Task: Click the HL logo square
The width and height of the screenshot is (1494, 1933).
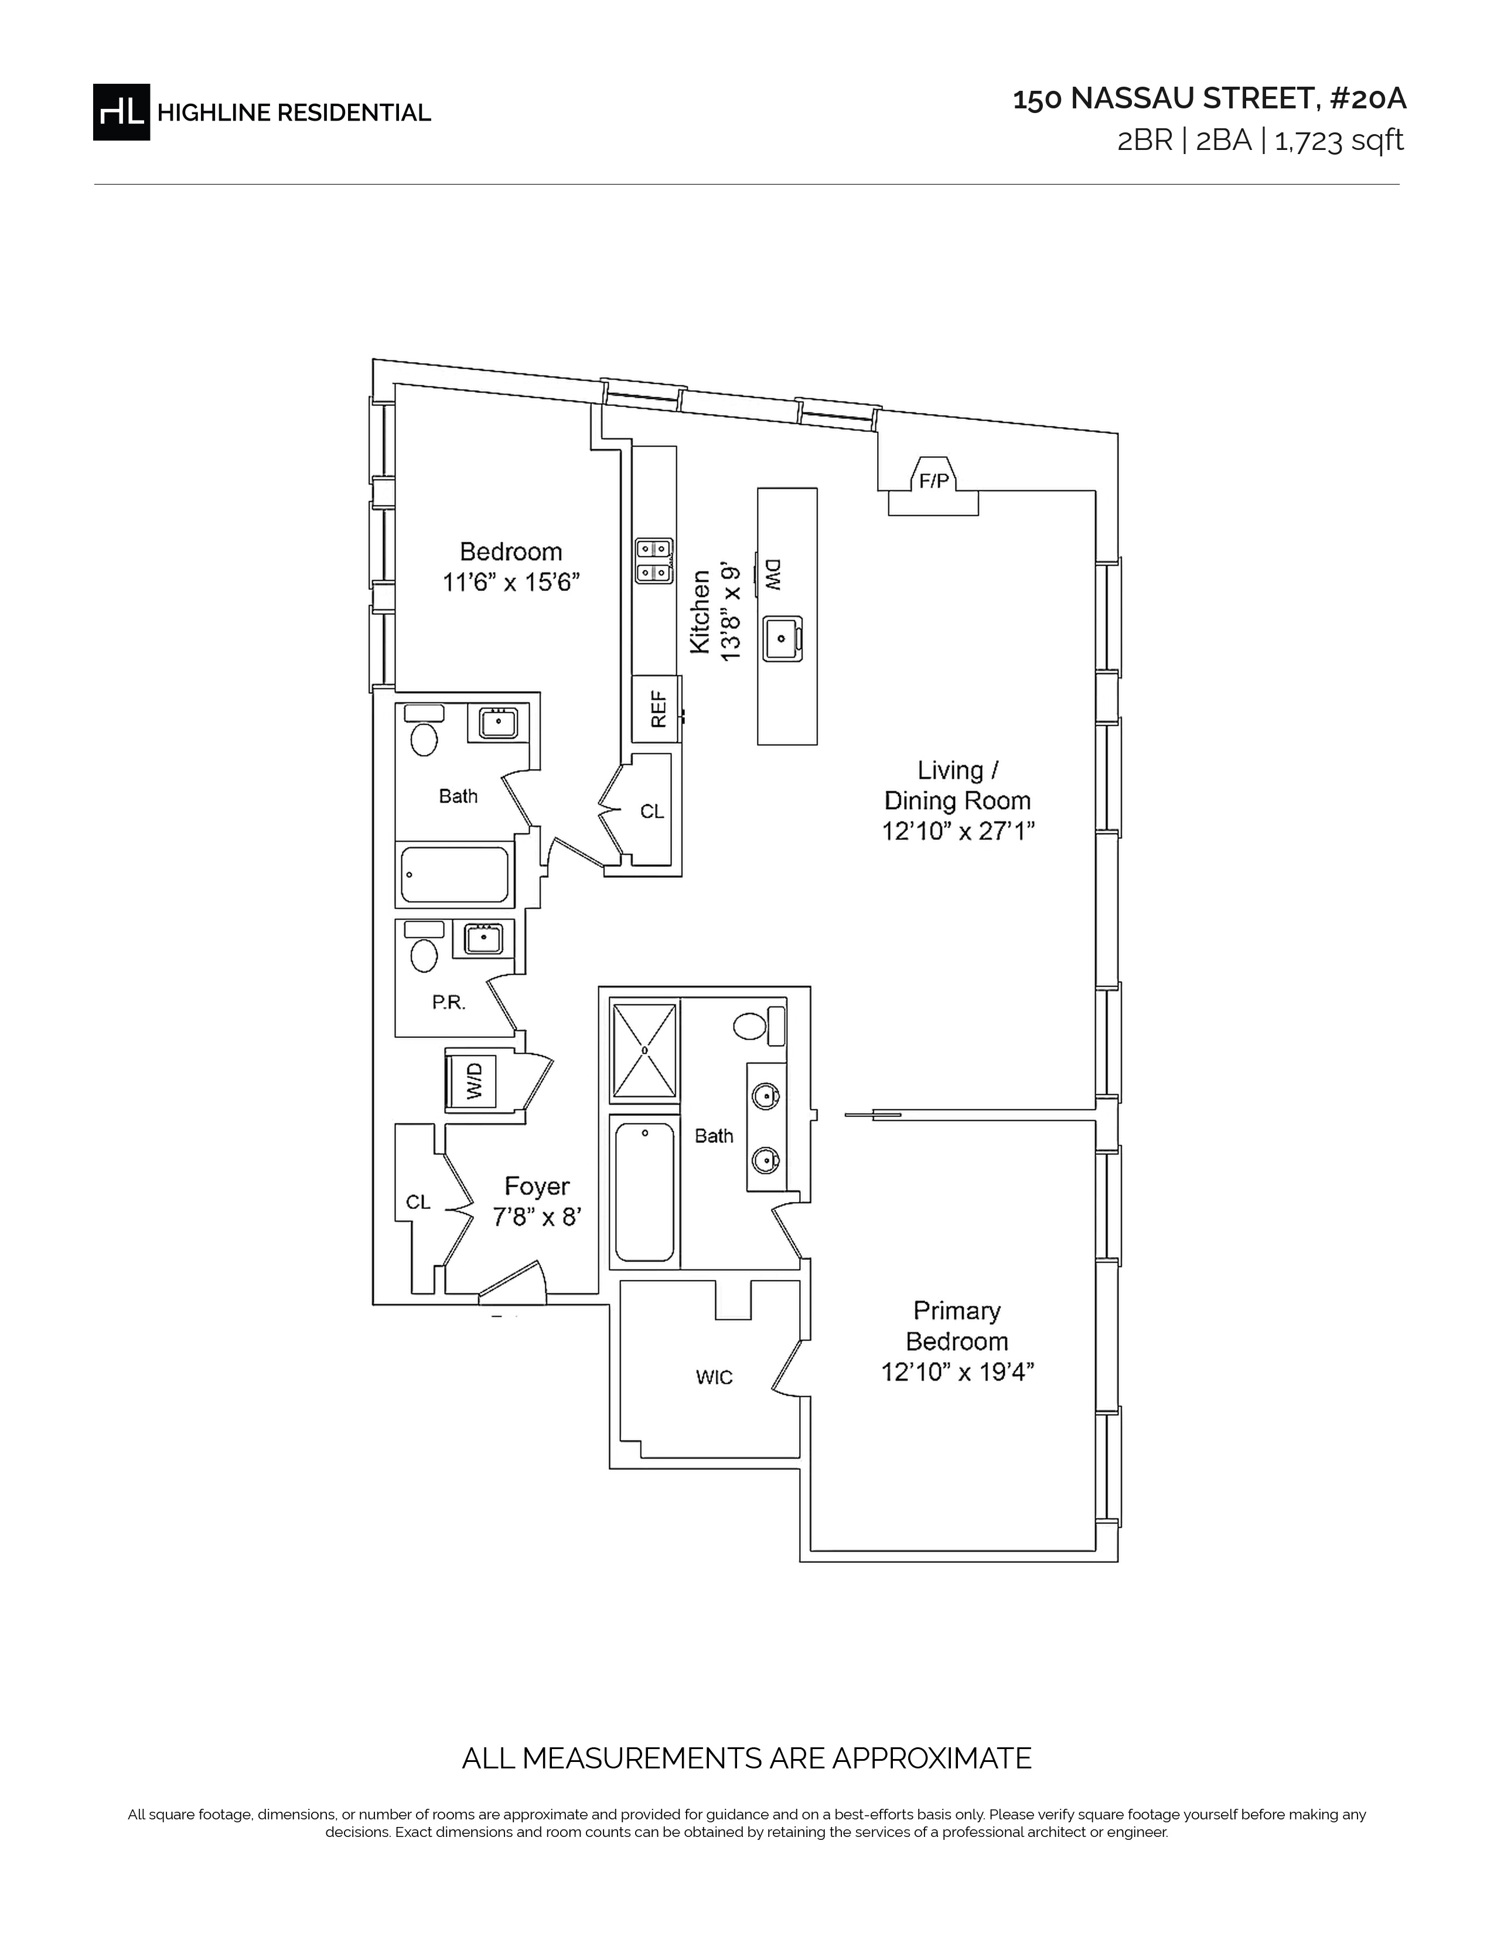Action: [x=121, y=112]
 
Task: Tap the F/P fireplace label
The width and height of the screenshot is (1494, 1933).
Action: [x=934, y=481]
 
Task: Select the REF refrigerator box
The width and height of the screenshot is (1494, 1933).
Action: [x=656, y=709]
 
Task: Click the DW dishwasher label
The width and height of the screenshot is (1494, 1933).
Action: [x=771, y=575]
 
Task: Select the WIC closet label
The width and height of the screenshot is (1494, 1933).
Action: [x=714, y=1377]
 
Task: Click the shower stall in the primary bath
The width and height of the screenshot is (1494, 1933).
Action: [x=644, y=1050]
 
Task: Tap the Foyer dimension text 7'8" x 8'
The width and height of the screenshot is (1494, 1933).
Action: [x=536, y=1218]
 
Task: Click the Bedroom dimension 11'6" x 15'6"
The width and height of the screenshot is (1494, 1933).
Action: [x=511, y=582]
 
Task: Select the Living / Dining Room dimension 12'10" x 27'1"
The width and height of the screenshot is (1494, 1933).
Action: [x=958, y=832]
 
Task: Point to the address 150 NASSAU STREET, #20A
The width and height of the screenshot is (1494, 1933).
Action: [x=1209, y=99]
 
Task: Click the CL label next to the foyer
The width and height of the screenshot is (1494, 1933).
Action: [x=419, y=1202]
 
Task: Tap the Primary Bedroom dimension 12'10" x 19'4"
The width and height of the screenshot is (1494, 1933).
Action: [x=958, y=1372]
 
